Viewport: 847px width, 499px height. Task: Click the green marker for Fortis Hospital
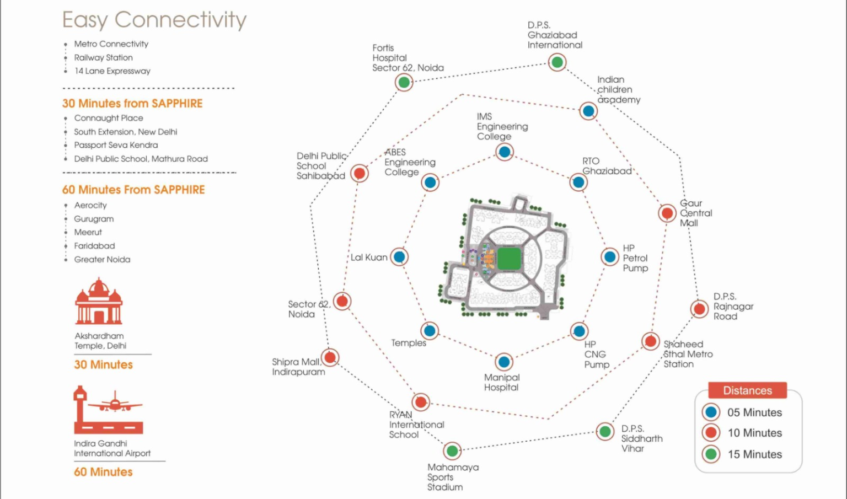404,83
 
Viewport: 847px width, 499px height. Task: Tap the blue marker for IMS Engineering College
504,152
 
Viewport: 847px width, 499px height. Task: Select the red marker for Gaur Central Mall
667,213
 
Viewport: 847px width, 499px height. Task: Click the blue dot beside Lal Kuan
399,257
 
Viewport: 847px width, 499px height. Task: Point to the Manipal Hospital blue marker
503,362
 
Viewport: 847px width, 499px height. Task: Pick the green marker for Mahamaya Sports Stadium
452,451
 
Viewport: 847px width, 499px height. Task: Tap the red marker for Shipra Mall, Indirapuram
330,357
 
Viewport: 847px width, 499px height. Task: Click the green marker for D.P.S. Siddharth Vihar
605,431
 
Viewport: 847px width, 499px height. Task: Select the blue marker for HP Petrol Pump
610,257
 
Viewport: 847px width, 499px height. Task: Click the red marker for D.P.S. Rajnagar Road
699,309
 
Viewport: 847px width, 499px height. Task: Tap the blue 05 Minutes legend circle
711,412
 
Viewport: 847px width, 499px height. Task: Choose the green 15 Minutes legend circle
711,454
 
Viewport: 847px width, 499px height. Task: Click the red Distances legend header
747,390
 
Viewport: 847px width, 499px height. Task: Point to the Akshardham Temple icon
99,302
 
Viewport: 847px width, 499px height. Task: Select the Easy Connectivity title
154,20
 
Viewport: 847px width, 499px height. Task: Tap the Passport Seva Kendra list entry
116,145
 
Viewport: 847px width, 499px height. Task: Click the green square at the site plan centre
509,258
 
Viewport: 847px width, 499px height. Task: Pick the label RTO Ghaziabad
607,166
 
